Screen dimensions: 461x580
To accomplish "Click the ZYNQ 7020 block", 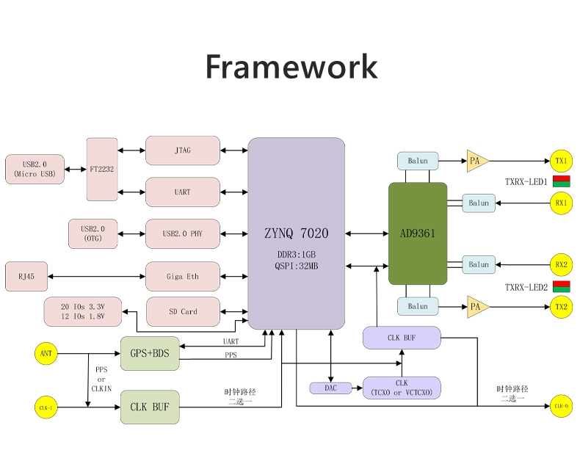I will click(296, 233).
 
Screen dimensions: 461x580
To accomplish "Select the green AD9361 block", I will click(417, 233).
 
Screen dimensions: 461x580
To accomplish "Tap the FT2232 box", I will click(101, 169).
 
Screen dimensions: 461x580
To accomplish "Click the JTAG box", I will click(182, 150).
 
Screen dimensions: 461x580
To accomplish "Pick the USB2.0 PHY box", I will click(182, 233).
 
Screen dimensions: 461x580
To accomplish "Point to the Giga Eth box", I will click(182, 276).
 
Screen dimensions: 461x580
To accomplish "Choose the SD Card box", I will click(183, 311).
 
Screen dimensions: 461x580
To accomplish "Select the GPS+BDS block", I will click(150, 353).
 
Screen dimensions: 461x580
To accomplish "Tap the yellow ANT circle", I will click(46, 353).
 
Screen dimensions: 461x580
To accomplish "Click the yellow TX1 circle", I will click(561, 160).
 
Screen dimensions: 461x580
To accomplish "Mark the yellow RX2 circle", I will click(561, 264).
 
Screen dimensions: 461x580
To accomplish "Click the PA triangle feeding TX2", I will click(476, 306).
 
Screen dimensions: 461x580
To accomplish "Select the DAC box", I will click(330, 388).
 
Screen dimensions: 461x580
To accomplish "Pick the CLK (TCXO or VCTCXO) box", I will click(402, 388).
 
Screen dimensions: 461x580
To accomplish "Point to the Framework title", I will click(291, 66).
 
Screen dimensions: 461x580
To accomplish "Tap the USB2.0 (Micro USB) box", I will click(35, 169).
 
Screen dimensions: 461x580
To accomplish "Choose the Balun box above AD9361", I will click(417, 160).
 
